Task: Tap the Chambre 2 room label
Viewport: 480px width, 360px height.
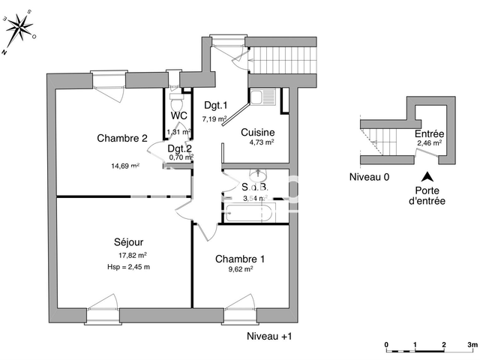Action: point(121,137)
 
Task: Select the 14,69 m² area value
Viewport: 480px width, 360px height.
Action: point(124,166)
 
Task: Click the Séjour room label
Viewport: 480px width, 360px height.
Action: point(129,242)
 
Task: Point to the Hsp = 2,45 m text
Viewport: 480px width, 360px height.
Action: point(129,267)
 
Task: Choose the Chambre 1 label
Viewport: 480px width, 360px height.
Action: point(240,259)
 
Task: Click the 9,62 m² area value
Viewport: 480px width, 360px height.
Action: point(240,271)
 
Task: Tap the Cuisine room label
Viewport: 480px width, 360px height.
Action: point(257,132)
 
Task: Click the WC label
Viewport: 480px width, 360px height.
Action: point(178,115)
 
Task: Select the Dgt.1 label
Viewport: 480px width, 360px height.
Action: point(216,106)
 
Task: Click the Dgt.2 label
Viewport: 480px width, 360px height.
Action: point(179,148)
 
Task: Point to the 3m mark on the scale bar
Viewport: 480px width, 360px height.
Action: point(471,345)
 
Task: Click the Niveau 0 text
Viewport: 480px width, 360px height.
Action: point(369,177)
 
